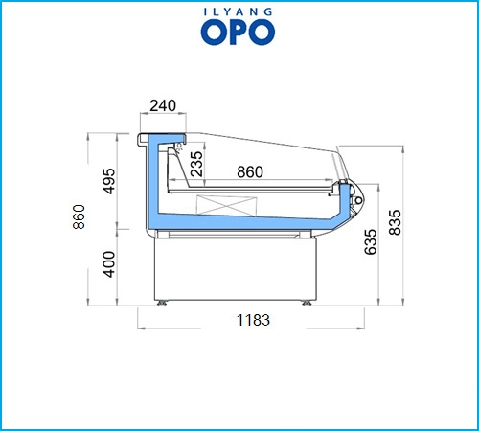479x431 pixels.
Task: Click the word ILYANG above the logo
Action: pyautogui.click(x=238, y=12)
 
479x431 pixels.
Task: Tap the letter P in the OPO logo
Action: pyautogui.click(x=238, y=32)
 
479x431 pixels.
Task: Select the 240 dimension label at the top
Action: pyautogui.click(x=163, y=105)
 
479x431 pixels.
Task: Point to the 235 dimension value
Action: pyautogui.click(x=196, y=164)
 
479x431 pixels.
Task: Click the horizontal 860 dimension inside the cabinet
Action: pyautogui.click(x=250, y=171)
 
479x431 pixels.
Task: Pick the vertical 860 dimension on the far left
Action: pyautogui.click(x=79, y=216)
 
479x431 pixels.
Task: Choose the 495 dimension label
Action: pyautogui.click(x=108, y=181)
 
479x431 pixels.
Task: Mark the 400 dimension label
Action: pyautogui.click(x=109, y=264)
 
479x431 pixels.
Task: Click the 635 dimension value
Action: pyautogui.click(x=371, y=241)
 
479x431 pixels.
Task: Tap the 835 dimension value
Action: pyautogui.click(x=395, y=222)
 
